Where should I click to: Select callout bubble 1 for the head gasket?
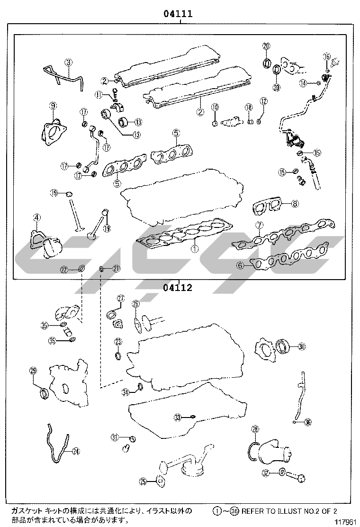click(x=194, y=248)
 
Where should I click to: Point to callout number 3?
click(x=69, y=62)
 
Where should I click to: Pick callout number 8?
click(x=295, y=204)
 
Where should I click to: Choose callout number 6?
click(x=240, y=266)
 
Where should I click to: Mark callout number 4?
click(x=36, y=218)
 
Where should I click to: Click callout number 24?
click(x=76, y=451)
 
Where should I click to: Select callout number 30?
click(x=302, y=346)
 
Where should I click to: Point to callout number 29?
click(x=33, y=371)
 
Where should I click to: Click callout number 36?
click(x=308, y=422)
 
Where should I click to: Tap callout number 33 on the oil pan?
click(x=177, y=418)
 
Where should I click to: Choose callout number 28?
click(x=255, y=430)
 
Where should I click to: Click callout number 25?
click(x=143, y=482)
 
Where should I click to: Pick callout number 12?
click(x=263, y=101)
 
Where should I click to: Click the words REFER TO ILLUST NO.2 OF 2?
click(x=289, y=511)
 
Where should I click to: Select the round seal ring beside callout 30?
click(x=283, y=346)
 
